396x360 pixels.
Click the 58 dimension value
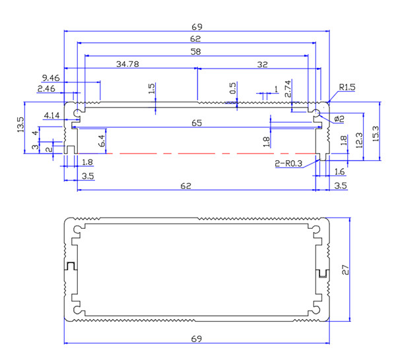[196, 51]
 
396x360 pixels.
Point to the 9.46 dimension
[50, 77]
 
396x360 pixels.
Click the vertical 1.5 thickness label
[152, 89]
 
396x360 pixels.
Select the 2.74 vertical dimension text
[288, 89]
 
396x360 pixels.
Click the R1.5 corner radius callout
[348, 87]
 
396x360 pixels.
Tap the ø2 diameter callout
[339, 118]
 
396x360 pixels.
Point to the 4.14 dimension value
[51, 115]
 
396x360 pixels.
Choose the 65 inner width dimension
[197, 123]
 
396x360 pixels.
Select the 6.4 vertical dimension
[101, 140]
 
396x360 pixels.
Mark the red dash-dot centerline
[198, 153]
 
